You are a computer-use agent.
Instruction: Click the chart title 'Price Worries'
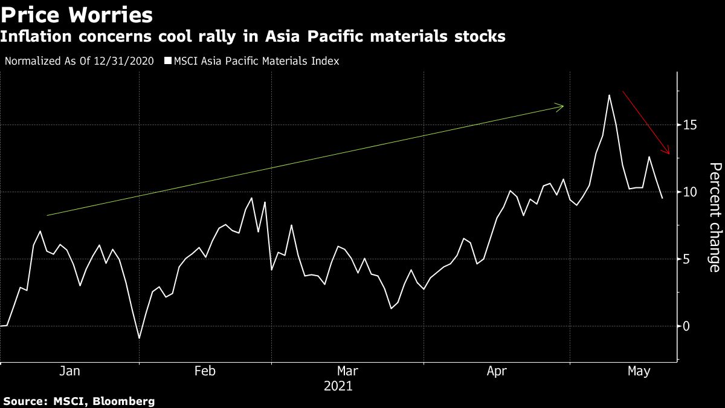pyautogui.click(x=76, y=13)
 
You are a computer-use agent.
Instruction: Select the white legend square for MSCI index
pyautogui.click(x=169, y=61)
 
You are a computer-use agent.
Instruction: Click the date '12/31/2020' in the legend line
pyautogui.click(x=129, y=61)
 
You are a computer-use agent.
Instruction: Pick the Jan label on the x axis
pyautogui.click(x=70, y=372)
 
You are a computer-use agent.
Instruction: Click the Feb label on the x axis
pyautogui.click(x=205, y=372)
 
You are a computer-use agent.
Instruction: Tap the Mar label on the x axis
pyautogui.click(x=347, y=372)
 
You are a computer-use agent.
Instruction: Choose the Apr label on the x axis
pyautogui.click(x=497, y=372)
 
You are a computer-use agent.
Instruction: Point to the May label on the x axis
pyautogui.click(x=639, y=372)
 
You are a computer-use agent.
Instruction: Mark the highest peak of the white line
pyautogui.click(x=609, y=95)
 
